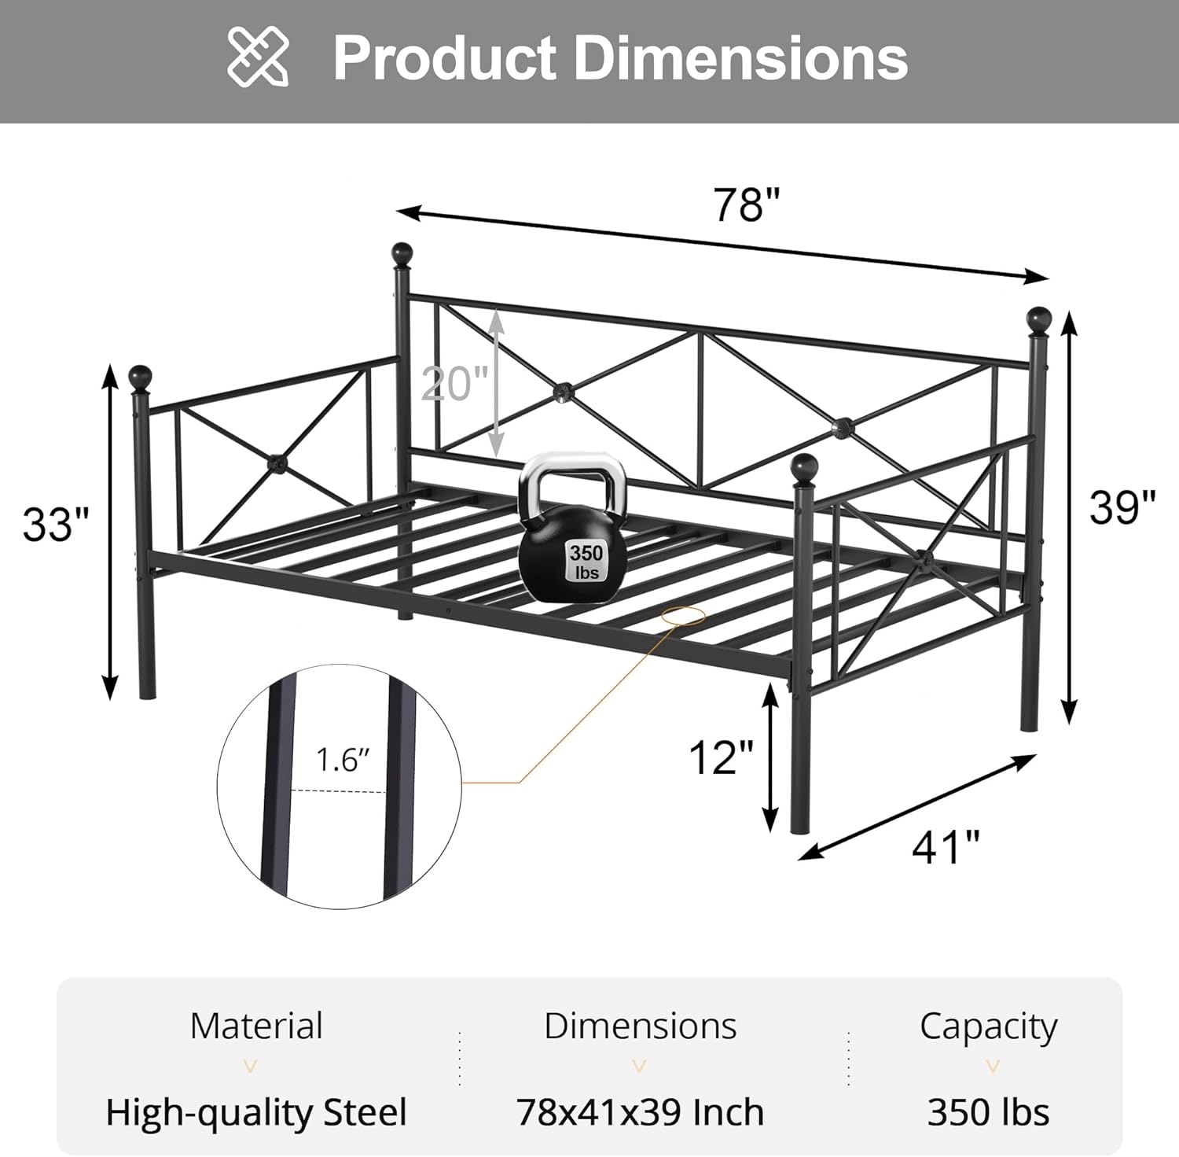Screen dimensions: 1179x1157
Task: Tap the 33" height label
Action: pos(56,524)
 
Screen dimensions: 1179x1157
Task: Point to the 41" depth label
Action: pos(946,847)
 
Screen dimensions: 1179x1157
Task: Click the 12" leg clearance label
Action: pos(721,757)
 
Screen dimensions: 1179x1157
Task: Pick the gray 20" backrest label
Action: pos(455,384)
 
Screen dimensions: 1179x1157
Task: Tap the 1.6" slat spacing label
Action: pos(343,760)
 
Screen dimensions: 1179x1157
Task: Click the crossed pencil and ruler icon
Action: pos(258,56)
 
